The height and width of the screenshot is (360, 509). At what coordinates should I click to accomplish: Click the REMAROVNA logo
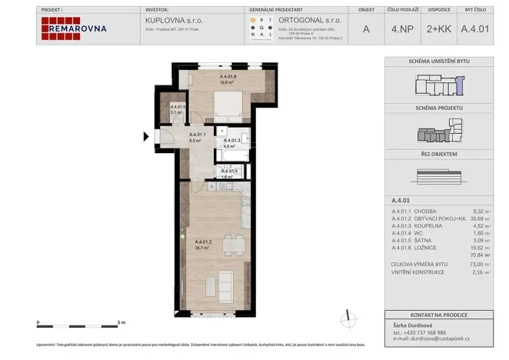pyautogui.click(x=75, y=28)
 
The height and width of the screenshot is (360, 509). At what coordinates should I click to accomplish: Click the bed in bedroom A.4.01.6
pyautogui.click(x=227, y=105)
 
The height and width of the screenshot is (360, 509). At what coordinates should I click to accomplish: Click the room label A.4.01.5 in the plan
pyautogui.click(x=177, y=107)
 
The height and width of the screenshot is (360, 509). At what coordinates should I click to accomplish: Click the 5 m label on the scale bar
pyautogui.click(x=121, y=322)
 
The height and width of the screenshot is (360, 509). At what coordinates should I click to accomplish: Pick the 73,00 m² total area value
pyautogui.click(x=481, y=264)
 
